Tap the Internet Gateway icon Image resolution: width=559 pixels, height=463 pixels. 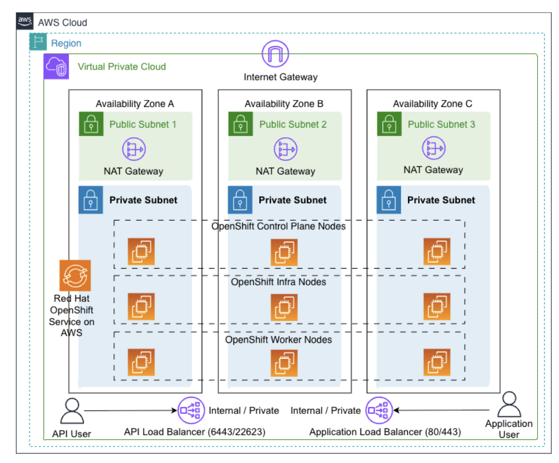click(x=276, y=53)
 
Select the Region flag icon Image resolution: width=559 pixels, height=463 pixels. click(x=38, y=42)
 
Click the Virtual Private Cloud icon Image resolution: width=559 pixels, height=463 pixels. click(x=56, y=66)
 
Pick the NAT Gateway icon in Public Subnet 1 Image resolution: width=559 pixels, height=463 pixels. click(x=134, y=149)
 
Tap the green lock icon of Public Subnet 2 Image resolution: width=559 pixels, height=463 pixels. click(x=240, y=124)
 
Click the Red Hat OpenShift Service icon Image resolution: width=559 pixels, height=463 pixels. click(x=75, y=275)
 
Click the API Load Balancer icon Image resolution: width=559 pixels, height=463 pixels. click(x=190, y=410)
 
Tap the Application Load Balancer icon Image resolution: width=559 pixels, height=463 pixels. click(x=378, y=410)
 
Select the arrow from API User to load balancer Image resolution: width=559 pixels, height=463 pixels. click(x=129, y=410)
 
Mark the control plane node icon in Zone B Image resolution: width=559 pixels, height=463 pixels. click(x=284, y=252)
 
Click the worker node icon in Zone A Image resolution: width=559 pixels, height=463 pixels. click(x=141, y=362)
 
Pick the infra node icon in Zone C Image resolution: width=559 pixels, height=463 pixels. click(x=437, y=306)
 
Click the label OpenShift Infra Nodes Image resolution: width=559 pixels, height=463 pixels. click(x=279, y=282)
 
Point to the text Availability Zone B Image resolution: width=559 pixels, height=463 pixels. click(x=284, y=104)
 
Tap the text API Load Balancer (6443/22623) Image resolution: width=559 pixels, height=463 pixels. click(x=195, y=432)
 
